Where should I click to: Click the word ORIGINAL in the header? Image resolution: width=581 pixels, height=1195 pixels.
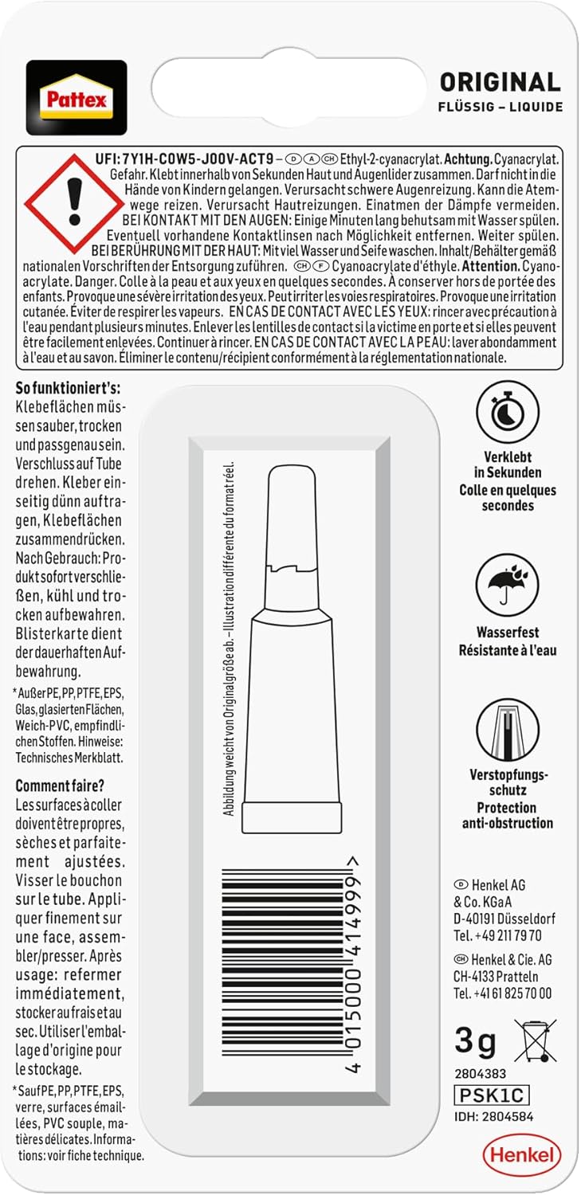(x=501, y=82)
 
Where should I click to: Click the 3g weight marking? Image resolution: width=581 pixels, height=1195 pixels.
(x=475, y=1040)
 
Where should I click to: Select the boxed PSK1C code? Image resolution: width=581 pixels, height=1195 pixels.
(x=491, y=1095)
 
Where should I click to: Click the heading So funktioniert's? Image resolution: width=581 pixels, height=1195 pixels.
(x=68, y=389)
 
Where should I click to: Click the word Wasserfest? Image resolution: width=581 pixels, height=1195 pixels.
(x=508, y=632)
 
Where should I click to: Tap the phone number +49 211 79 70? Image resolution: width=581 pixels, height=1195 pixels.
(x=497, y=935)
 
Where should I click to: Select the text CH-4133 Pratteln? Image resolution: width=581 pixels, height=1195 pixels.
(x=496, y=976)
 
